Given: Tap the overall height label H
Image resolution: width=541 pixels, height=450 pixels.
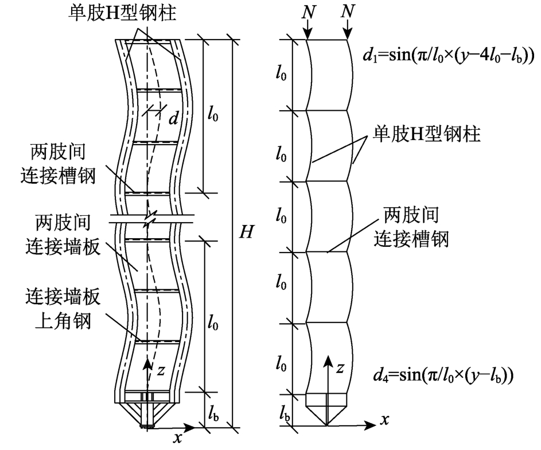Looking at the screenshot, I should pos(246,232).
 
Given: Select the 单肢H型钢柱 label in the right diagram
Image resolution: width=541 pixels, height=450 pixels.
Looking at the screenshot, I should pos(427,133).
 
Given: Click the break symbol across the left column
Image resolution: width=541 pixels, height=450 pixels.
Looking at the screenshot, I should pos(150,219).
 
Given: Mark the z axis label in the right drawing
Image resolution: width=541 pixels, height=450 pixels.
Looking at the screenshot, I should pos(340,366).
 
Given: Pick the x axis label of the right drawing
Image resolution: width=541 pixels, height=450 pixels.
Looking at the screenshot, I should pos(384,420).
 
